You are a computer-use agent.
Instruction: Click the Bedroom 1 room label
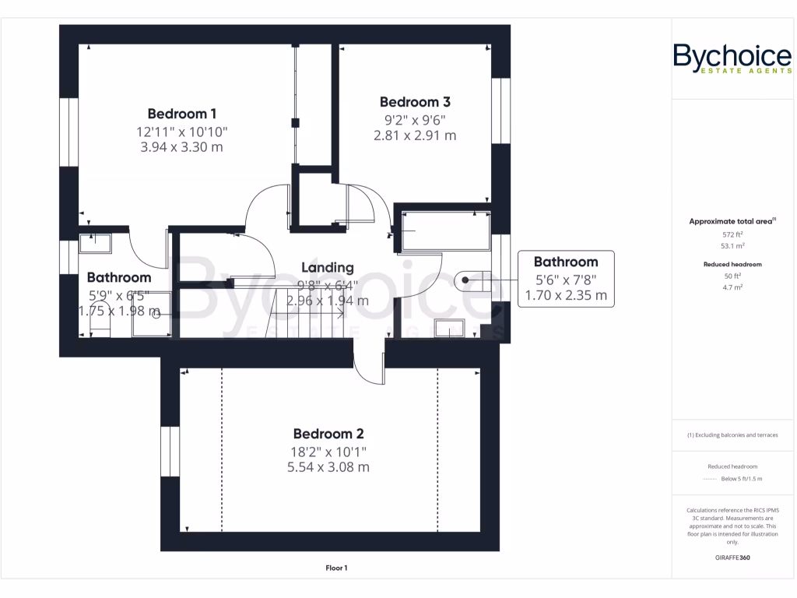point(181,113)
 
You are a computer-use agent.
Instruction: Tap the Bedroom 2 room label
point(328,434)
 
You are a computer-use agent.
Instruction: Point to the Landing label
point(327,267)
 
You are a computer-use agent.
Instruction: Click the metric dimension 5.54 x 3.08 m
point(328,467)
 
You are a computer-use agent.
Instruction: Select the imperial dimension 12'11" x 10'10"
point(181,131)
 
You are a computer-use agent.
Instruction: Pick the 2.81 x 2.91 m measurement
point(415,135)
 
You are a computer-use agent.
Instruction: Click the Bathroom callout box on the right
point(566,279)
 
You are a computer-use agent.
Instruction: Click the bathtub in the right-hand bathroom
point(444,230)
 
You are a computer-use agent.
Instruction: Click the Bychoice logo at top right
point(732,59)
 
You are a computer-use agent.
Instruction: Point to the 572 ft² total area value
point(732,234)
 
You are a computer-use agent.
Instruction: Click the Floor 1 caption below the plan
point(336,568)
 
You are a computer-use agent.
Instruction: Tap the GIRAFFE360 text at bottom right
point(732,558)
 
